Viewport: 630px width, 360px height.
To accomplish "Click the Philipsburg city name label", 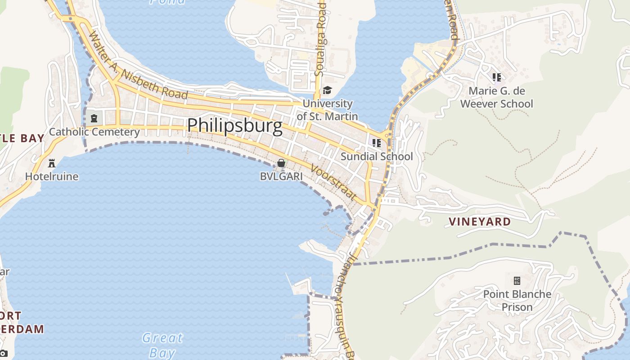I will (x=234, y=125).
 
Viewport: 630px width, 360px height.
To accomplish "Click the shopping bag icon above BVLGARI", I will (x=281, y=163).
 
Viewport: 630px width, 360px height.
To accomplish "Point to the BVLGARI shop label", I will (x=281, y=176).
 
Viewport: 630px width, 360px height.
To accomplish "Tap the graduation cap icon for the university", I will (x=327, y=90).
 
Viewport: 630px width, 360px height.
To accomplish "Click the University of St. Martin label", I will (x=327, y=110).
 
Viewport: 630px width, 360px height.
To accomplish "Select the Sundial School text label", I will (x=377, y=157).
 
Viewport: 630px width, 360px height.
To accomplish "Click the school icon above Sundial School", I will (x=377, y=143).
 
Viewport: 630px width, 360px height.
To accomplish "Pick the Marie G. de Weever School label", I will (x=496, y=97).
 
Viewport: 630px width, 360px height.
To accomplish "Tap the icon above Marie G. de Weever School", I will (x=496, y=77).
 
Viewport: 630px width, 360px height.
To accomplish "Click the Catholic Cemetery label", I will (x=94, y=132).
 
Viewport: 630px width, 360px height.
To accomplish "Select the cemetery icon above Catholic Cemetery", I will (x=94, y=118).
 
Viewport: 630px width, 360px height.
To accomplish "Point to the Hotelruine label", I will (x=52, y=176).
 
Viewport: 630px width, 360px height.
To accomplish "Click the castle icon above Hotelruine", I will (x=52, y=162).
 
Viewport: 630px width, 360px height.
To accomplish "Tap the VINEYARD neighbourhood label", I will (x=480, y=221).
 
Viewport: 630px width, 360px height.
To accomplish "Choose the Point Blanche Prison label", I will (x=517, y=301).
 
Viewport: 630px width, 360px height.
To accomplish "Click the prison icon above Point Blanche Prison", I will (x=517, y=281).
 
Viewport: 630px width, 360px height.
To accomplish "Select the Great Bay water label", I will (x=162, y=345).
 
